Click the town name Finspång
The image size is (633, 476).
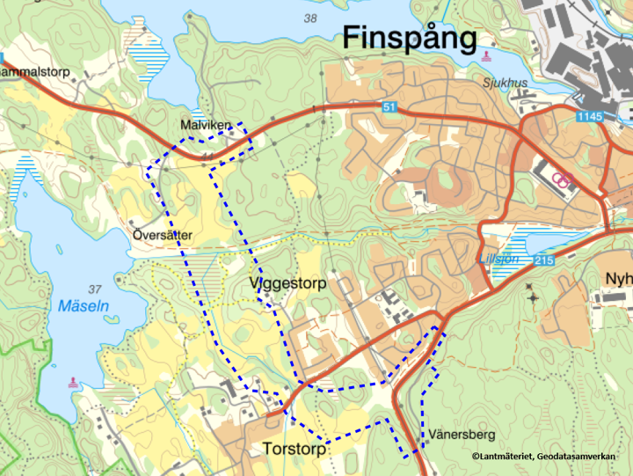pyautogui.click(x=409, y=38)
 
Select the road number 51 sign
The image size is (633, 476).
pyautogui.click(x=389, y=106)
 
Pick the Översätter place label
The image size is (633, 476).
pyautogui.click(x=162, y=235)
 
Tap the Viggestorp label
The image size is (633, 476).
pyautogui.click(x=287, y=284)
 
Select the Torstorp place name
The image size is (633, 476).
pyautogui.click(x=294, y=449)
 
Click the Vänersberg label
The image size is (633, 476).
pyautogui.click(x=463, y=435)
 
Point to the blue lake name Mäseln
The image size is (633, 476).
pyautogui.click(x=84, y=306)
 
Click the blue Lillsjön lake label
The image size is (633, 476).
pyautogui.click(x=497, y=260)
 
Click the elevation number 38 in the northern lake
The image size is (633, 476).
pyautogui.click(x=309, y=18)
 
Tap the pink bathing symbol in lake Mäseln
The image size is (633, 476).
pyautogui.click(x=71, y=383)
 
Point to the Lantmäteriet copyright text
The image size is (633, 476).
pyautogui.click(x=542, y=456)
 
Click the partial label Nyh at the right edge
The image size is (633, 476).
pyautogui.click(x=619, y=279)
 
